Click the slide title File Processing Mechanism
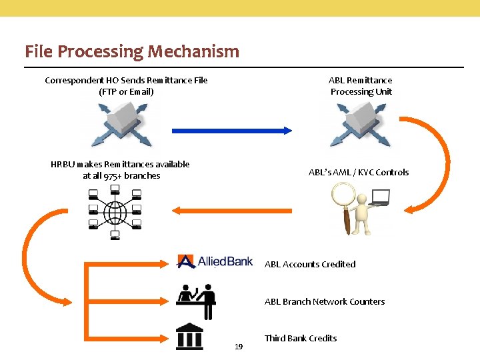(x=131, y=51)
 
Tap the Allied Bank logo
(x=215, y=261)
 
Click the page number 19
(x=239, y=347)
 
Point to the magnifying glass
(x=343, y=200)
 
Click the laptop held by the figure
(x=380, y=197)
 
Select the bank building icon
(x=189, y=337)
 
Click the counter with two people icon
(x=196, y=301)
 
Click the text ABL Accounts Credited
(x=310, y=264)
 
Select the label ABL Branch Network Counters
(x=325, y=301)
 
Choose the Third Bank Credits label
(x=301, y=338)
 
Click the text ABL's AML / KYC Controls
(x=359, y=172)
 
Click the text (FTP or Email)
(x=126, y=91)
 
